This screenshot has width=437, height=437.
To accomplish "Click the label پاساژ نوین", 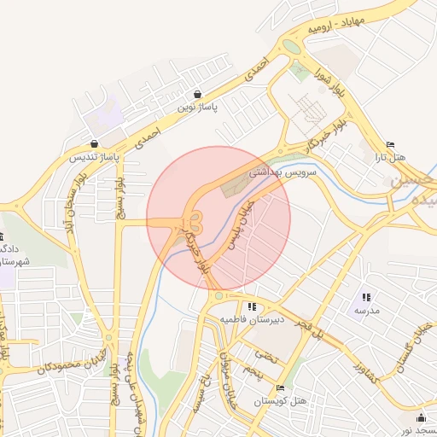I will point(198,108).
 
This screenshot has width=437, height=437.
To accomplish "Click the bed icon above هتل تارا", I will point(391,143).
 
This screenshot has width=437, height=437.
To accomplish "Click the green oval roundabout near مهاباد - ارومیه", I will point(292,46).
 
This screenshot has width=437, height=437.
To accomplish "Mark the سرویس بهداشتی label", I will point(283,172).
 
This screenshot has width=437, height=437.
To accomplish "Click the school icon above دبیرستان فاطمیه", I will point(251,306).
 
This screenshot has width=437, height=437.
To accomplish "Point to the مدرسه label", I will point(365,311).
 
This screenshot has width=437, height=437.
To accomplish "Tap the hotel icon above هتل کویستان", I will point(281,387).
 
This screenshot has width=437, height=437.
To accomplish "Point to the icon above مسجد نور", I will point(421,418).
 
